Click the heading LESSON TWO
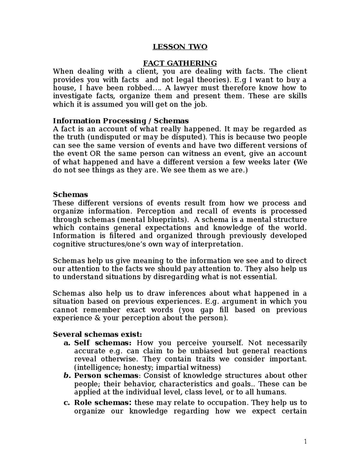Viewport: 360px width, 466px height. pyautogui.click(x=180, y=47)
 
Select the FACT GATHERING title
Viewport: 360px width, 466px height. pyautogui.click(x=180, y=63)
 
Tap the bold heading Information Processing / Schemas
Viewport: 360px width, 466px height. pyautogui.click(x=121, y=121)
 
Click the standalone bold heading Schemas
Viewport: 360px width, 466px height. pyautogui.click(x=70, y=194)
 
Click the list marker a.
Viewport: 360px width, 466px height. pyautogui.click(x=67, y=343)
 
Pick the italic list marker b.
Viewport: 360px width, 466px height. pyautogui.click(x=67, y=376)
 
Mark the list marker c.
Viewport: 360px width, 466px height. pyautogui.click(x=67, y=403)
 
